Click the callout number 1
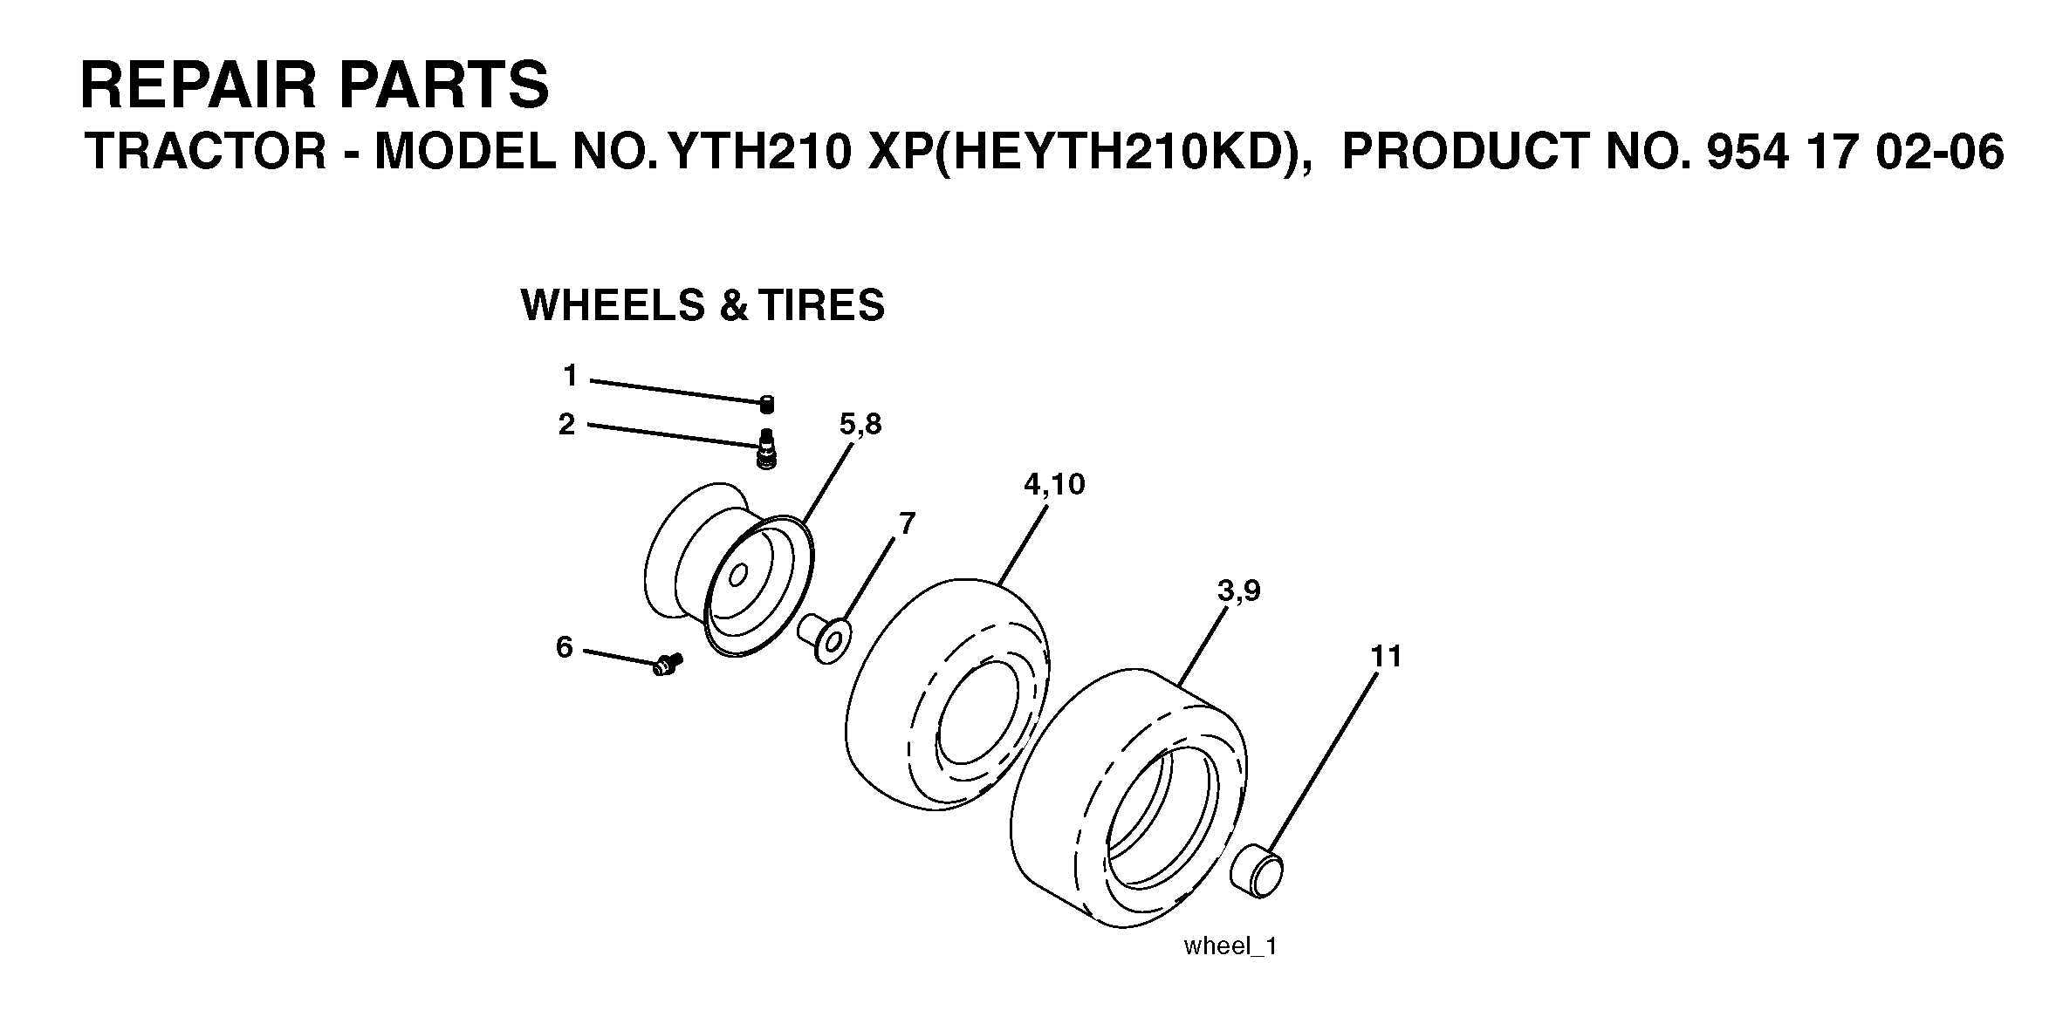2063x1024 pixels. pyautogui.click(x=571, y=376)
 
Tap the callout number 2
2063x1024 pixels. pyautogui.click(x=567, y=425)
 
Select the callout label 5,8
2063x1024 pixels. pyautogui.click(x=860, y=425)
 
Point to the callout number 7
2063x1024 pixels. pyautogui.click(x=908, y=524)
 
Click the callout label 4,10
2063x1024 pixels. pyautogui.click(x=1054, y=485)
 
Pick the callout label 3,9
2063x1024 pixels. pyautogui.click(x=1239, y=591)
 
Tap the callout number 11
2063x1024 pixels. pyautogui.click(x=1386, y=656)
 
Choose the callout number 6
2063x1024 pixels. pyautogui.click(x=565, y=647)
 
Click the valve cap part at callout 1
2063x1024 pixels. pyautogui.click(x=767, y=405)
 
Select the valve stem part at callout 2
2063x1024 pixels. pyautogui.click(x=767, y=449)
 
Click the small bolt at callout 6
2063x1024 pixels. pyautogui.click(x=668, y=665)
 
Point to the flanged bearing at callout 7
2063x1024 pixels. pyautogui.click(x=824, y=639)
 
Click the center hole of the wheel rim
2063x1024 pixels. pyautogui.click(x=737, y=575)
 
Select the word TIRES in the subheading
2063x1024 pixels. pyautogui.click(x=821, y=305)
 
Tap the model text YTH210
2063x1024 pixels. pyautogui.click(x=757, y=152)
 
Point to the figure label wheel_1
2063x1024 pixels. pyautogui.click(x=1230, y=946)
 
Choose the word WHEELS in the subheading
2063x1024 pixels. pyautogui.click(x=613, y=305)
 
